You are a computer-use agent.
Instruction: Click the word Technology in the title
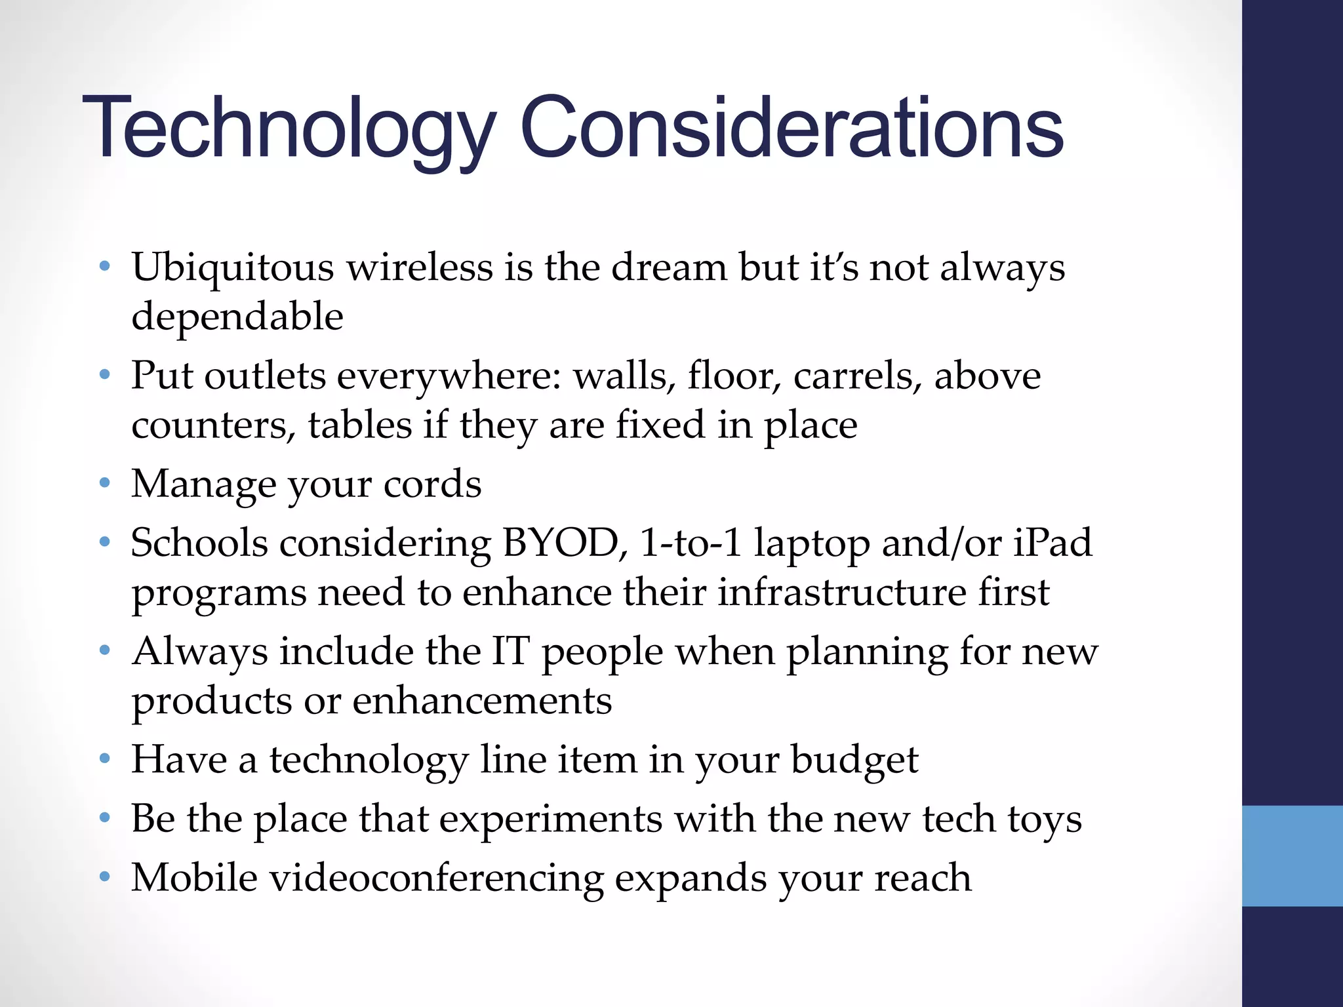tap(289, 128)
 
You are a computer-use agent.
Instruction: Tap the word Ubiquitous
tap(233, 269)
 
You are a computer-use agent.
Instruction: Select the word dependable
tap(237, 317)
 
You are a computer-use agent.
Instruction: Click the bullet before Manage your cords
tap(104, 484)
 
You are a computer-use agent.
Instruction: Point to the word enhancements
tap(482, 701)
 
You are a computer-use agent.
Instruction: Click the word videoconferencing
tap(437, 879)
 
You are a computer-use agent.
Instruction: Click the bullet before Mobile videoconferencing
tap(104, 877)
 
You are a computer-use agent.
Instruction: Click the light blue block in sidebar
tap(1292, 856)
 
